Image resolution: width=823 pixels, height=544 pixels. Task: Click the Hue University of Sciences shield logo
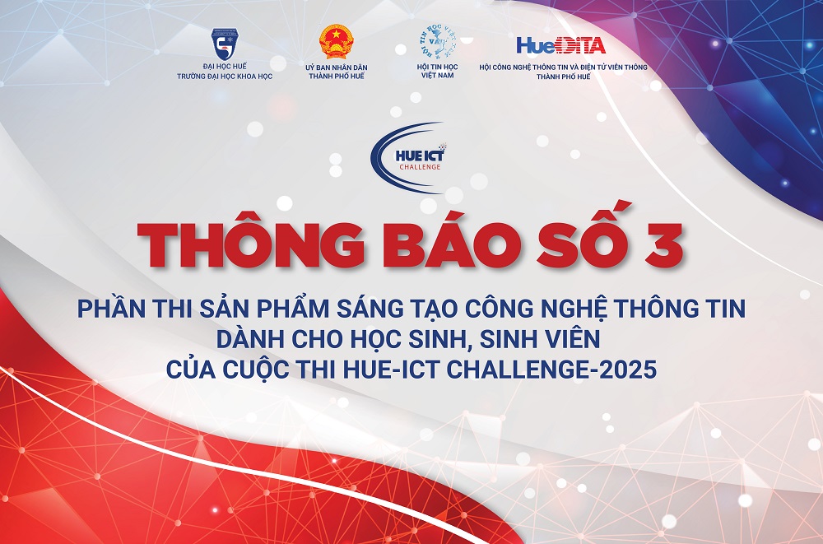click(225, 44)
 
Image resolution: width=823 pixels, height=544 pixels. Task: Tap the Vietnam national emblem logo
click(337, 41)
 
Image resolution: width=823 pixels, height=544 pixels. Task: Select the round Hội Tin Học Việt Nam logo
click(438, 42)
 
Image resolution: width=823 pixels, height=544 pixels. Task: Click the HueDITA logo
click(561, 46)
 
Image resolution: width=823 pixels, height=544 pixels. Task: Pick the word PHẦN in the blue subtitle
click(111, 308)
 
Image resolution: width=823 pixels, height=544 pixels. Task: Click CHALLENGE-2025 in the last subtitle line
click(551, 370)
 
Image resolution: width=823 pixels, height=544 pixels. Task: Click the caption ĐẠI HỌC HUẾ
click(225, 66)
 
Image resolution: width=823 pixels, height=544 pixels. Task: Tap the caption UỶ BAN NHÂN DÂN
click(337, 67)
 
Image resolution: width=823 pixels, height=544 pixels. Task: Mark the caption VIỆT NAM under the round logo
click(438, 76)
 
